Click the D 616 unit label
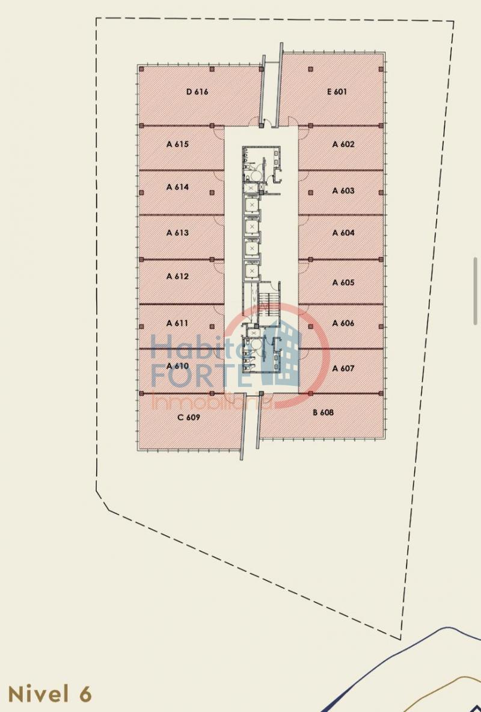pos(197,91)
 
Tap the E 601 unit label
pos(337,91)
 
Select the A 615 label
pos(177,144)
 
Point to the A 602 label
pos(343,144)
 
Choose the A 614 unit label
pos(177,187)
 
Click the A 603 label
pos(343,191)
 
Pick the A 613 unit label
pos(177,233)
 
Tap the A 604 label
pos(343,233)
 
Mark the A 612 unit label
pos(177,276)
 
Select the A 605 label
pos(343,282)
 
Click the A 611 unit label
pos(177,323)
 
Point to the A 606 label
pos(343,323)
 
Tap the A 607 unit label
pos(343,368)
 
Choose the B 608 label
pos(323,412)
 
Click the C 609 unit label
pos(189,417)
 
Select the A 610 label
pos(177,366)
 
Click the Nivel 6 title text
pos(50,695)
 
